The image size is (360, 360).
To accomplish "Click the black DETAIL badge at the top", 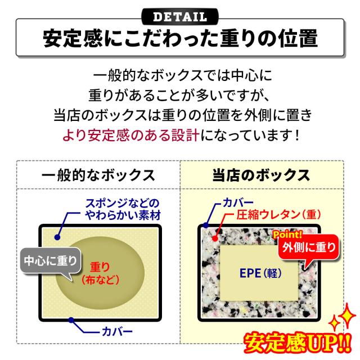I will click(x=180, y=13).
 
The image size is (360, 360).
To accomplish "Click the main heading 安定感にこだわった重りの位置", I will click(x=180, y=39).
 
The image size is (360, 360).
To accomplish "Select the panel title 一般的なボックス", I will click(x=98, y=174).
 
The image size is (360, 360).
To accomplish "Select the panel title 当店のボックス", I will click(x=261, y=174).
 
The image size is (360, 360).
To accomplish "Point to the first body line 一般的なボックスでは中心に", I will click(x=180, y=75).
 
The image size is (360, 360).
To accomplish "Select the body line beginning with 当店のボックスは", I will click(x=180, y=115).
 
